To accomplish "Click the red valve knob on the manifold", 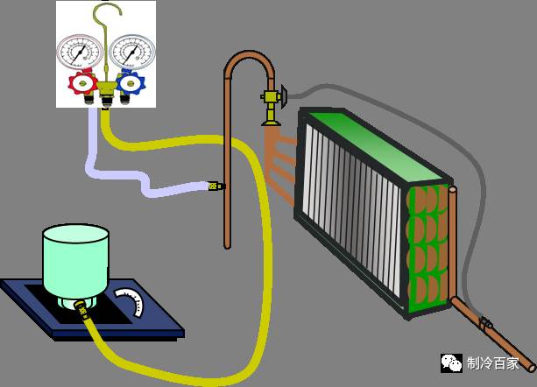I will click(81, 84).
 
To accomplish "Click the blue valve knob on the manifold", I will click(131, 84).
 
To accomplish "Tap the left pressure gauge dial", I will click(79, 53).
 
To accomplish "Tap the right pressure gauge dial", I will click(131, 53).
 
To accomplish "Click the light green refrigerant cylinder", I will click(75, 263).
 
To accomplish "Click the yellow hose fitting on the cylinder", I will click(81, 307).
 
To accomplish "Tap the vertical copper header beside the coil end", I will click(452, 236).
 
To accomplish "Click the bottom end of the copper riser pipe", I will click(228, 244).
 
